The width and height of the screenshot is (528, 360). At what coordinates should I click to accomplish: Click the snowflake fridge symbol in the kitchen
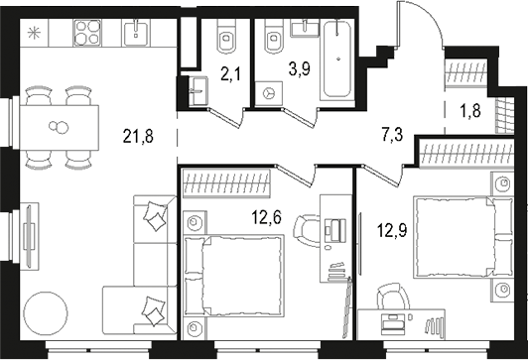[x=37, y=35]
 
